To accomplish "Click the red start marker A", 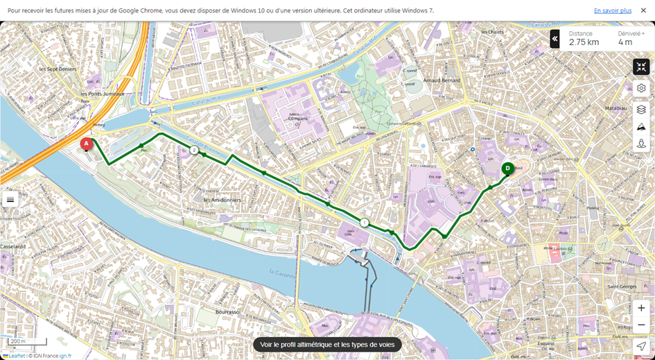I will (x=86, y=144).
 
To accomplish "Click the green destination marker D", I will (x=507, y=168).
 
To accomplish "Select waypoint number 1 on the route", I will (x=365, y=223).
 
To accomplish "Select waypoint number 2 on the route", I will (x=194, y=150).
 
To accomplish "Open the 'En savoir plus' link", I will (x=612, y=10).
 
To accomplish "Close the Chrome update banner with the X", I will (x=643, y=10).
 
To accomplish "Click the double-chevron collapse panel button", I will (x=554, y=39).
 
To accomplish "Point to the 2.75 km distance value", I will (x=584, y=42).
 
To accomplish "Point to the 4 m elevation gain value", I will (x=625, y=42).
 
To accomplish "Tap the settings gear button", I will (x=641, y=88).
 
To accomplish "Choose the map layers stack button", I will (x=641, y=109).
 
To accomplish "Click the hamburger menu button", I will (x=10, y=200).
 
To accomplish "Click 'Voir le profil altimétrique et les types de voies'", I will (x=327, y=345).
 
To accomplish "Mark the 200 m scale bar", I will (x=28, y=342).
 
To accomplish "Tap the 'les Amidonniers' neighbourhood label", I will (x=221, y=199).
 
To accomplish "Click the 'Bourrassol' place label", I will (x=227, y=311).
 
